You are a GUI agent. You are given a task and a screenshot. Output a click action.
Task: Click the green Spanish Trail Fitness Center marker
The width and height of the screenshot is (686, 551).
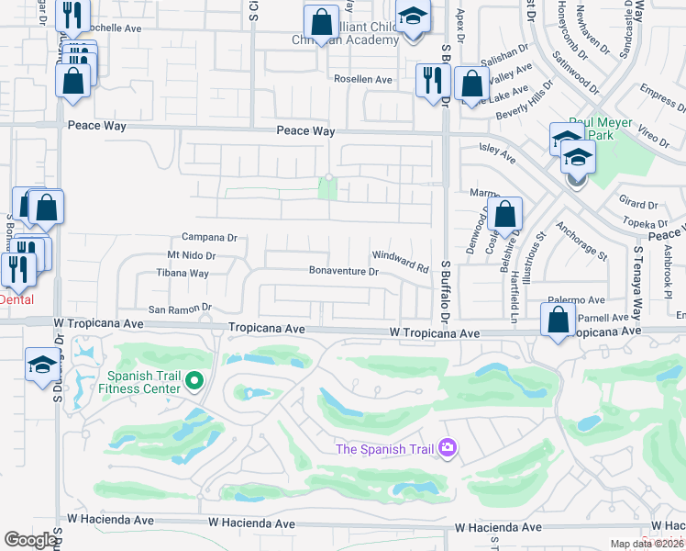pos(194,380)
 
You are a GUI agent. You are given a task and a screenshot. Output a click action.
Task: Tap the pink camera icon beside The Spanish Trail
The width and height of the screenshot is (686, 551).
pos(448,448)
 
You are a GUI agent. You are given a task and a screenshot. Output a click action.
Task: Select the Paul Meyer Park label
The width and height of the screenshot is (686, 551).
pos(603,128)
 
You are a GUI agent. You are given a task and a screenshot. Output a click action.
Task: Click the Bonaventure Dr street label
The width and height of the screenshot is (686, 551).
pos(344,272)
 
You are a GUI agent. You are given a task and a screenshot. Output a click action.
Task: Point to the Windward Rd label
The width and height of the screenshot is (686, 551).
pos(401,262)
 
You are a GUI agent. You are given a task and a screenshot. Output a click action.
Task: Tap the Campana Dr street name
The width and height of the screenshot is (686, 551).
pos(209,237)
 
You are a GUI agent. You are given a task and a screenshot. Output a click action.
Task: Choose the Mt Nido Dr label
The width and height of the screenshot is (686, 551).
pos(191,256)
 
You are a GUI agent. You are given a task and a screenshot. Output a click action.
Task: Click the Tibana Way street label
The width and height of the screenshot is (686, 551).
pos(182,274)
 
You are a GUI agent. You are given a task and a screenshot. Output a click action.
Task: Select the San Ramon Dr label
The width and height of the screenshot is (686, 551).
pos(181,309)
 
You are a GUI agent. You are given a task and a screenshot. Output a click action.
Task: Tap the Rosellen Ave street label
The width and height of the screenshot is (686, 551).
pos(362,80)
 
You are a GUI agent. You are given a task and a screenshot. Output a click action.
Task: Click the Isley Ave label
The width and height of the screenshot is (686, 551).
pos(498,152)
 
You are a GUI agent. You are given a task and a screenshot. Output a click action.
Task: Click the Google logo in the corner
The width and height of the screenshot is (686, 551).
pos(30,540)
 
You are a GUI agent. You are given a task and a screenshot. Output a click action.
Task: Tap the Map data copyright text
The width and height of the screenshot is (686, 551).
pos(647,544)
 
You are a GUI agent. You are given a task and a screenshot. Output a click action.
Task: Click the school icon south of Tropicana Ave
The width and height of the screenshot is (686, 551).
pos(41,365)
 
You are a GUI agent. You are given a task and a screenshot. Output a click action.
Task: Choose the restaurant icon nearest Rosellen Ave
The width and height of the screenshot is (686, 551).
pos(429,81)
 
